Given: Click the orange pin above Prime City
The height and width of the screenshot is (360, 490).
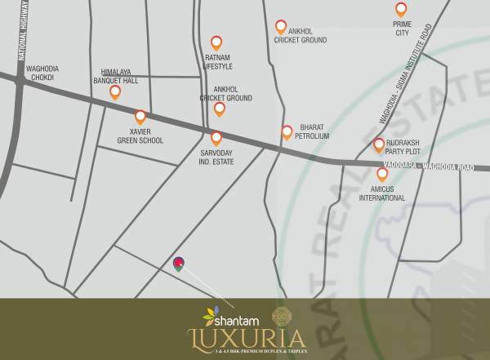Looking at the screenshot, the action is tap(401, 10).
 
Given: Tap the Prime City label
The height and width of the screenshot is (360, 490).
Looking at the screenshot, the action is tap(401, 29).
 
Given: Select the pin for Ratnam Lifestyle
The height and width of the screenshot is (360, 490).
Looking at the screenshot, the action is tap(217, 42).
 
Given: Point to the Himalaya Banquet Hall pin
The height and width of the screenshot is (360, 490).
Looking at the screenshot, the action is tap(115, 91).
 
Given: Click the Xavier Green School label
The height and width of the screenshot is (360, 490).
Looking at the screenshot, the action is tap(140, 136).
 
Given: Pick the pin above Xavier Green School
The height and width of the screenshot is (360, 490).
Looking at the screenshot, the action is tap(140, 117).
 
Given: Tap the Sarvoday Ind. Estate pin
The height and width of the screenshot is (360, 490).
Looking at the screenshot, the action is tap(216, 138).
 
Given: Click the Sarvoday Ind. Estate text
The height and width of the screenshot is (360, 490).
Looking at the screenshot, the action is tap(217, 157).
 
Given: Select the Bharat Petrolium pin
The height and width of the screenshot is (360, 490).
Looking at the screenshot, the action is tap(287, 131).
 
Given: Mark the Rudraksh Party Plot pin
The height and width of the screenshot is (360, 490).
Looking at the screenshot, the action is tap(379, 145).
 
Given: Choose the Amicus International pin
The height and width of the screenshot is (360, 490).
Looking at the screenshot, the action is tap(382, 173).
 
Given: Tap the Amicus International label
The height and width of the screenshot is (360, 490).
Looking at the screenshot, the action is tap(382, 193).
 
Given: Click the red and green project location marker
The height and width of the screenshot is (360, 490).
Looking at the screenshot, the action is tap(179, 263).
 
